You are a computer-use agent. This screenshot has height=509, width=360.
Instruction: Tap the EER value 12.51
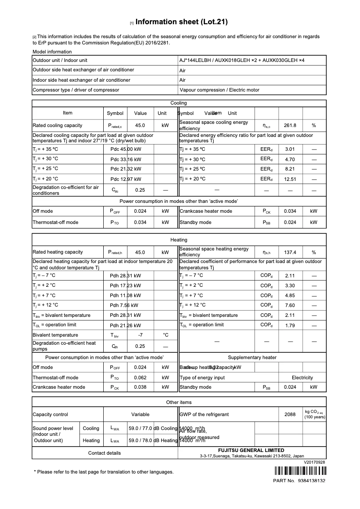[290, 179]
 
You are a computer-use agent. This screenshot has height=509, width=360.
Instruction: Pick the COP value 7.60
[290, 306]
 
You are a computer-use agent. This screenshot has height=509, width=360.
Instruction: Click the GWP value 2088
[290, 414]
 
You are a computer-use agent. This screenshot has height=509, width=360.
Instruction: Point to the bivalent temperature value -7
[140, 335]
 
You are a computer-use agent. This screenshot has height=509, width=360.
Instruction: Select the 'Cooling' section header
[179, 103]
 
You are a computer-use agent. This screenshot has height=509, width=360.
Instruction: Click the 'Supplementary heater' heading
[252, 357]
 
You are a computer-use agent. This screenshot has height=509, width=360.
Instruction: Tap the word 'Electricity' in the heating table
[302, 377]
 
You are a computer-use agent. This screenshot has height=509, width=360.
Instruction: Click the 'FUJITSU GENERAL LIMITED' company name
[251, 450]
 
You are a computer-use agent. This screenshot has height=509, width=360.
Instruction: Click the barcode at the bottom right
[299, 471]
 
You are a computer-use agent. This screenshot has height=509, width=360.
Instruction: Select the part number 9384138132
[311, 481]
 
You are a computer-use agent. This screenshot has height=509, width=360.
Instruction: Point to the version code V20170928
[314, 462]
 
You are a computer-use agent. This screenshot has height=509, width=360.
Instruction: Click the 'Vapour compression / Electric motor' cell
[219, 90]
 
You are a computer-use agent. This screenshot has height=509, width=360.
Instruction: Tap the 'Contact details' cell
[105, 453]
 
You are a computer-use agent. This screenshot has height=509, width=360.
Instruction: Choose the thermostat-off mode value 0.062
[140, 377]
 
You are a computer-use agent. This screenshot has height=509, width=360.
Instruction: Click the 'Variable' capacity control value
[140, 414]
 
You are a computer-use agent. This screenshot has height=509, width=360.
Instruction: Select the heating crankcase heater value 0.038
[140, 387]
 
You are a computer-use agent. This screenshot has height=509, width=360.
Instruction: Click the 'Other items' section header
[179, 402]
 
